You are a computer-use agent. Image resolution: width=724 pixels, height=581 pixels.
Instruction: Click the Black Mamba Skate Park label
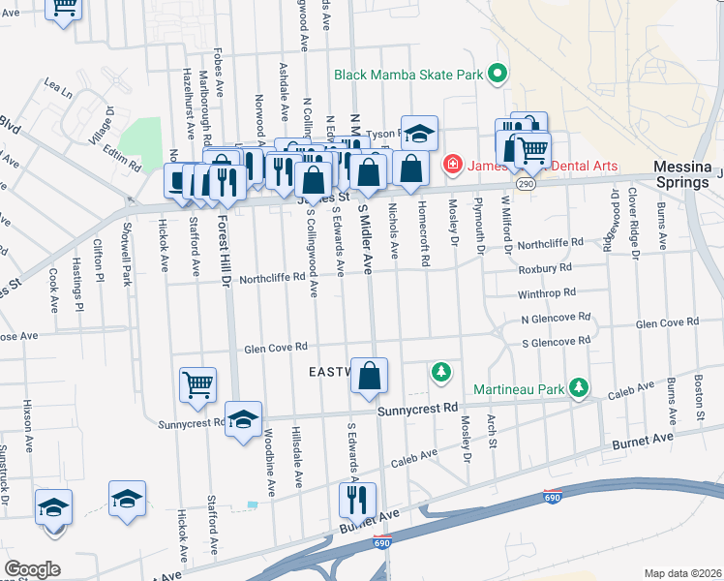pyautogui.click(x=407, y=74)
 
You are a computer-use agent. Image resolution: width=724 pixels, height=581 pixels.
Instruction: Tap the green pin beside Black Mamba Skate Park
pyautogui.click(x=498, y=74)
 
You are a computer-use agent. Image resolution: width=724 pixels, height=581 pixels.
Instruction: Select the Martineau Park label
pyautogui.click(x=519, y=389)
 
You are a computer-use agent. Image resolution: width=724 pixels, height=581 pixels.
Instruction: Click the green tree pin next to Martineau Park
pyautogui.click(x=579, y=388)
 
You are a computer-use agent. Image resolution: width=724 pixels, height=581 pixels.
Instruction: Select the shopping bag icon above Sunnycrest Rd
pyautogui.click(x=369, y=376)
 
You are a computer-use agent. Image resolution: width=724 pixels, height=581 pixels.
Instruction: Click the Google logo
pyautogui.click(x=32, y=569)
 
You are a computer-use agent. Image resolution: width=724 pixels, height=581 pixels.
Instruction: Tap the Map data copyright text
pyautogui.click(x=682, y=573)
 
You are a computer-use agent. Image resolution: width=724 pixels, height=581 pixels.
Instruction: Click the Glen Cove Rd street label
pyautogui.click(x=276, y=346)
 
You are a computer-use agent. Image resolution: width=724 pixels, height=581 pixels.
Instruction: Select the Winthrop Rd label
pyautogui.click(x=547, y=292)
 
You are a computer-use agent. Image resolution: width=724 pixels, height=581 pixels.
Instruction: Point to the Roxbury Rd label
pyautogui.click(x=545, y=267)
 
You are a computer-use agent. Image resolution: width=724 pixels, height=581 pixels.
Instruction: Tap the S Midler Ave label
pyautogui.click(x=366, y=236)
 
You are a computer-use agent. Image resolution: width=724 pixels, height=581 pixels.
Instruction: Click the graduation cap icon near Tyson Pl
pyautogui.click(x=420, y=132)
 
